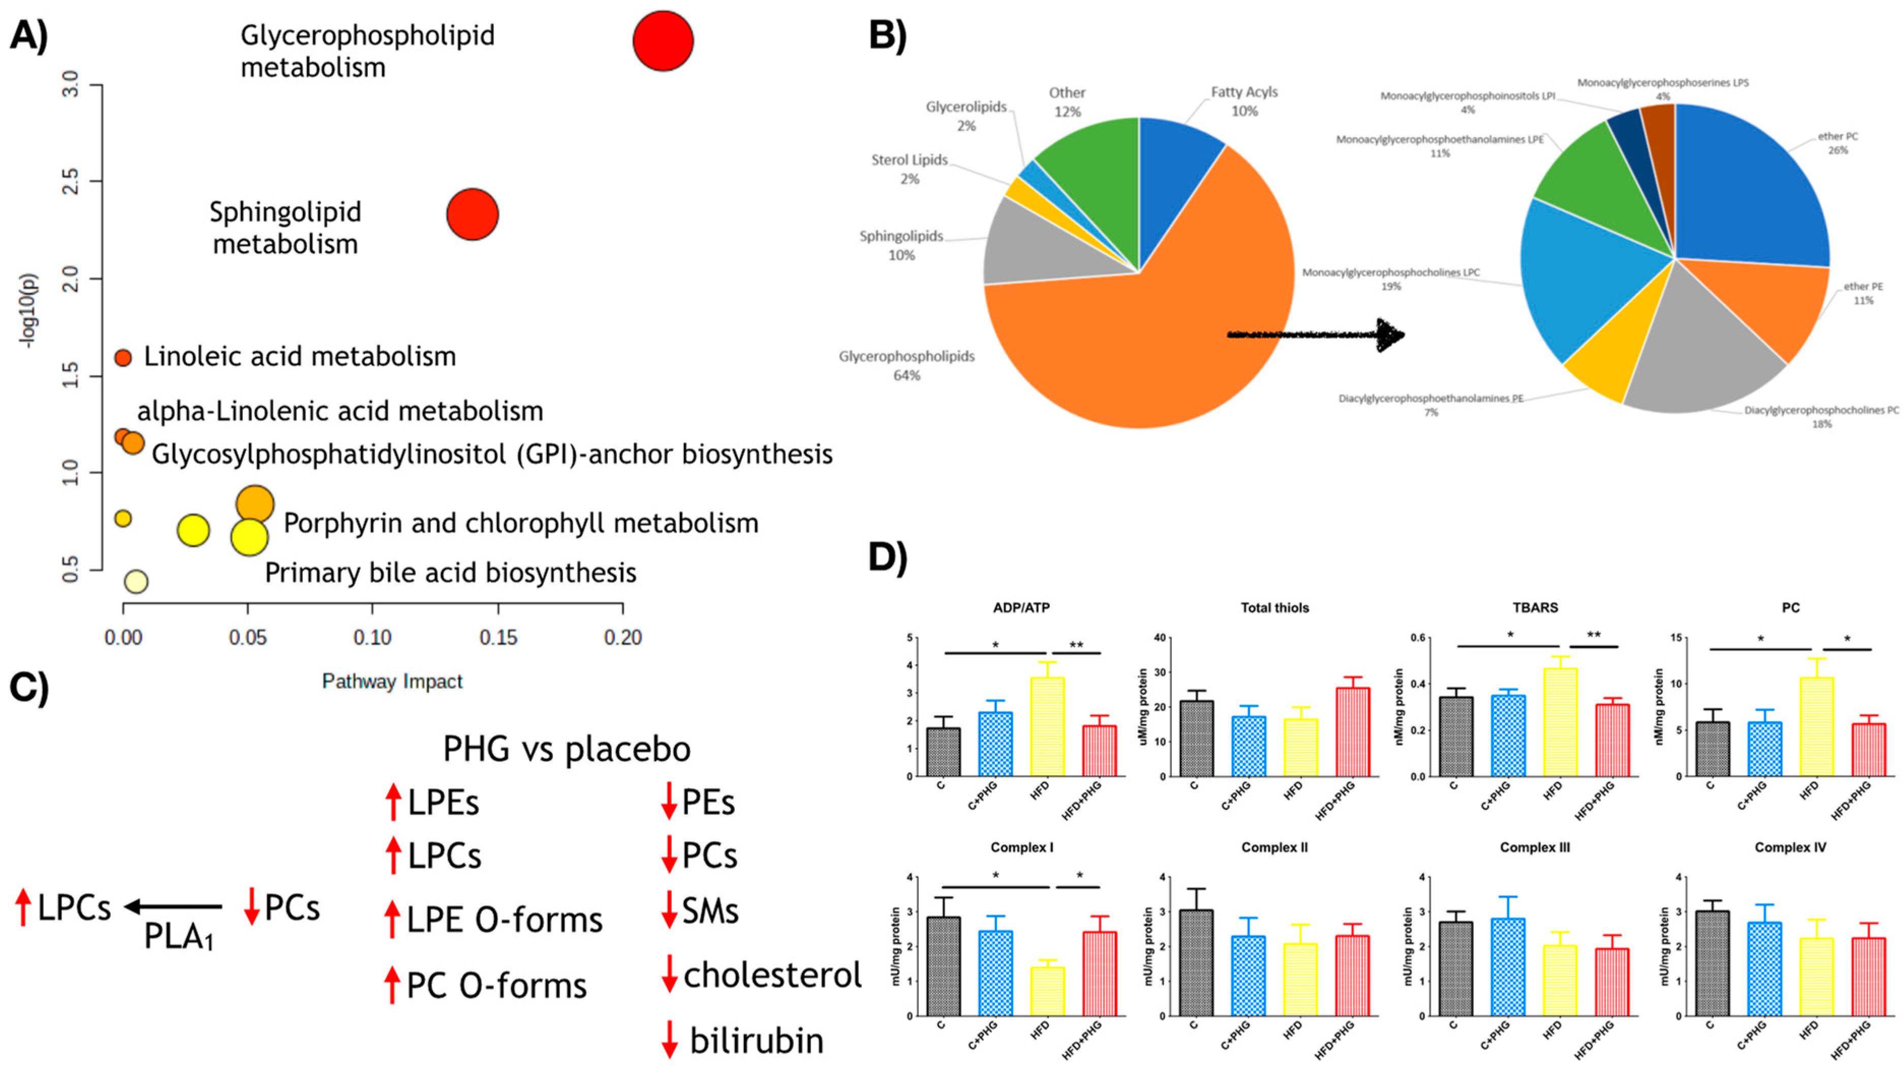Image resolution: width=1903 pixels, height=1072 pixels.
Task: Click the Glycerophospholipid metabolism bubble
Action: pos(663,41)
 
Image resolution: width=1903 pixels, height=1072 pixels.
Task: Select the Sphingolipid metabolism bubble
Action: pos(472,215)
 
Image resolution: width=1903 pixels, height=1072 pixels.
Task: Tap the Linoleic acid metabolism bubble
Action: pos(122,357)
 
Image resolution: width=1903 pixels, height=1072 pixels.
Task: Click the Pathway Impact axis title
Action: pos(392,681)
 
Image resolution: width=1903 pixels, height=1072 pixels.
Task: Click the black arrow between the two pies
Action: pos(1315,334)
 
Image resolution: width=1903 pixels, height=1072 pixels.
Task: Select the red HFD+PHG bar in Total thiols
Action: pos(1352,731)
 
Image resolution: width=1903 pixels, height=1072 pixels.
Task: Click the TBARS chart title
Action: pos(1535,607)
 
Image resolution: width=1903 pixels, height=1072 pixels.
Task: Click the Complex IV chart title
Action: pos(1790,847)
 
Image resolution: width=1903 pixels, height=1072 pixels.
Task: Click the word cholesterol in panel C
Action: pos(772,975)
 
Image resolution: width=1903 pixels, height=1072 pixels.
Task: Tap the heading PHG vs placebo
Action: pos(567,749)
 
